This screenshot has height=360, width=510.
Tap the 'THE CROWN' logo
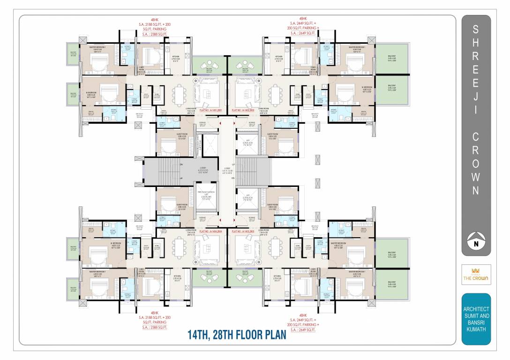click(x=476, y=275)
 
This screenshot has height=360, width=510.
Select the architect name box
click(x=476, y=319)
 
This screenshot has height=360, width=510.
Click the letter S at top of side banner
click(x=475, y=29)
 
